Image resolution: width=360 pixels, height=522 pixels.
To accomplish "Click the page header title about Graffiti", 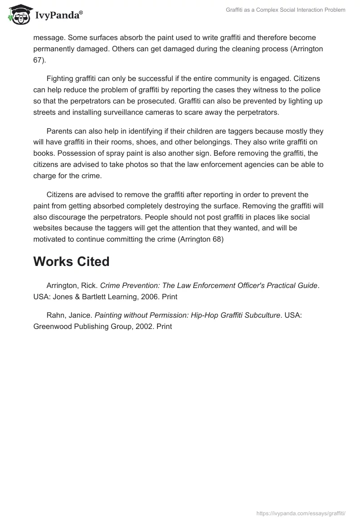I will coord(285,10).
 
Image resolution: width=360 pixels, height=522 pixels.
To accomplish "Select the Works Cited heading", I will coord(71,261).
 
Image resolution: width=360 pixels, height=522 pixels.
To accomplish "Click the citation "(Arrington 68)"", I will coord(201,239).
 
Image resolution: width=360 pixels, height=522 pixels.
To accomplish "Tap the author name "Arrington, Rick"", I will coord(72,285).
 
